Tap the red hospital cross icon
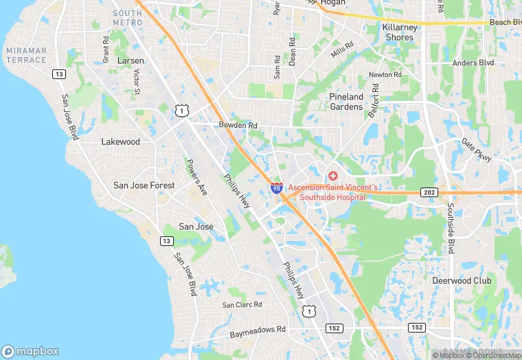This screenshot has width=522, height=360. point(333,176)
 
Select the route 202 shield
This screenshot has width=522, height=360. point(429,193)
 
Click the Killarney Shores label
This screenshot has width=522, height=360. point(399,32)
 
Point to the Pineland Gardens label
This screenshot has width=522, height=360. point(345,102)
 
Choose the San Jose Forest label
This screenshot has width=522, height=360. point(144,185)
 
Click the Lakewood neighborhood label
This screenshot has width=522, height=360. point(120,142)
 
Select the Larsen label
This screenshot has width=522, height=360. point(130,61)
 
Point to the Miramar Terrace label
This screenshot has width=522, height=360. point(25,56)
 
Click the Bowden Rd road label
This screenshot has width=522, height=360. point(238,126)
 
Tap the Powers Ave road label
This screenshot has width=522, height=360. point(196,178)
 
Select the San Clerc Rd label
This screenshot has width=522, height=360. point(242,304)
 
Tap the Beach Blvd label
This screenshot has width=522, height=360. point(505,23)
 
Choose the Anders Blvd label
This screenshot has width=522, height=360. point(473,63)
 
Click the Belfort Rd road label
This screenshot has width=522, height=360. point(373,100)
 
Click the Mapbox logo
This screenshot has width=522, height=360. point(30,351)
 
